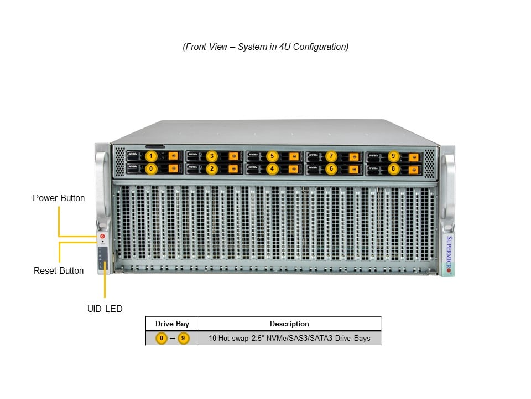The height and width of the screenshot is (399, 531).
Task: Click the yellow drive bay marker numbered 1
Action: pyautogui.click(x=152, y=156)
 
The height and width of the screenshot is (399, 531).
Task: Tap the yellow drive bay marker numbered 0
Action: pyautogui.click(x=152, y=168)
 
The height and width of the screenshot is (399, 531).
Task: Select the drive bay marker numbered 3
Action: pyautogui.click(x=211, y=156)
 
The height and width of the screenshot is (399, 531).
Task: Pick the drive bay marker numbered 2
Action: pyautogui.click(x=211, y=168)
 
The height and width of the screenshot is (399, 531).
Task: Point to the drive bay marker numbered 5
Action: pyautogui.click(x=271, y=156)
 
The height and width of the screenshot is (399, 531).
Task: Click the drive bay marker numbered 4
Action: pyautogui.click(x=271, y=168)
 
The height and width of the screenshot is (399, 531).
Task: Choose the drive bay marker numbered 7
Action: pyautogui.click(x=331, y=156)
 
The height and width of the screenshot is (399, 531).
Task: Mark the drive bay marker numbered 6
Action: pyautogui.click(x=331, y=168)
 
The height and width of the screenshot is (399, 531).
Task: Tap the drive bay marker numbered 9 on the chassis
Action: pyautogui.click(x=393, y=156)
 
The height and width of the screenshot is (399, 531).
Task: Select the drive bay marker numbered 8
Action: pyautogui.click(x=393, y=168)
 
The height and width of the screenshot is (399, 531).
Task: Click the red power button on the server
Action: pyautogui.click(x=102, y=237)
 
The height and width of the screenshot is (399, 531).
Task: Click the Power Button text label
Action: pyautogui.click(x=59, y=198)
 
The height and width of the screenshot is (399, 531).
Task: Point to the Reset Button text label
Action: pyautogui.click(x=59, y=270)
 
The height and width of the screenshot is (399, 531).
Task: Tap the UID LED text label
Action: pyautogui.click(x=105, y=309)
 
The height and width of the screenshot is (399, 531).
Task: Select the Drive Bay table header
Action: pyautogui.click(x=172, y=324)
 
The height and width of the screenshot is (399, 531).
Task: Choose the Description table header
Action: pyautogui.click(x=289, y=324)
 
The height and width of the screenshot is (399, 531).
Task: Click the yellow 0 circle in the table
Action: pyautogui.click(x=162, y=338)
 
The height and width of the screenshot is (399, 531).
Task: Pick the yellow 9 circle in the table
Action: pyautogui.click(x=183, y=338)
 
